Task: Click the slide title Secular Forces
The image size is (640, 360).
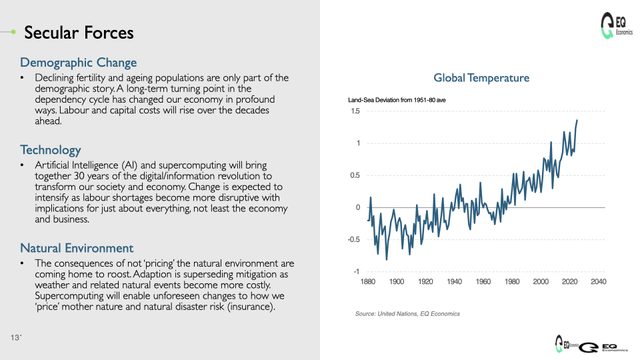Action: (x=79, y=33)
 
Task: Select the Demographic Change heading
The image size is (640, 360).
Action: (x=79, y=63)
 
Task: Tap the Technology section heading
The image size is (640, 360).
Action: (x=51, y=150)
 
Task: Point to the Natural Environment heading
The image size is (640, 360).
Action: (x=77, y=248)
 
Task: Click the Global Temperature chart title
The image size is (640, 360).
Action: (x=481, y=77)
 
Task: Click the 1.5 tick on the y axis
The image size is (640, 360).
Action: (x=355, y=111)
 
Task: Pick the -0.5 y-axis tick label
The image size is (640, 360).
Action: (x=353, y=239)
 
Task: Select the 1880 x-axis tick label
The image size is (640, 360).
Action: (x=368, y=281)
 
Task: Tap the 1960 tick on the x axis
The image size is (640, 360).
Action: (x=483, y=281)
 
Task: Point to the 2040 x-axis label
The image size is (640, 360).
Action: (x=599, y=281)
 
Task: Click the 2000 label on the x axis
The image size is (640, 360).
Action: (x=541, y=281)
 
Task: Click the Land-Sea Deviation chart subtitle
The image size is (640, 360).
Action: (x=397, y=100)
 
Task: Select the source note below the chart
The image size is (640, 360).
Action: (x=407, y=314)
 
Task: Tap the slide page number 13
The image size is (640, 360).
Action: (x=15, y=337)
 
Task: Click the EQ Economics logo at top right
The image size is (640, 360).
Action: (x=616, y=26)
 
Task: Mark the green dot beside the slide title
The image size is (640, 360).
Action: (x=13, y=31)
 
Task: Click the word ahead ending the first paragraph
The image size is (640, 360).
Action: (x=48, y=121)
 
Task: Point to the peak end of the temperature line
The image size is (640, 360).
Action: (x=577, y=120)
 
